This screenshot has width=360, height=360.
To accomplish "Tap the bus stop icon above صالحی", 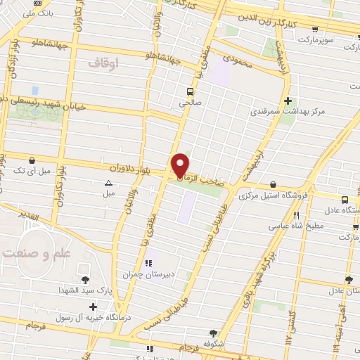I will (x=190, y=91).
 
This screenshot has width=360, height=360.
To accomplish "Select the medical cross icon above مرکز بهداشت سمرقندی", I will (x=288, y=101).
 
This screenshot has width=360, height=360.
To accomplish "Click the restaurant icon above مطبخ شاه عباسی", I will (x=297, y=216).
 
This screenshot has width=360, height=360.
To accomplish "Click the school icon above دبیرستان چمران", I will (x=148, y=264).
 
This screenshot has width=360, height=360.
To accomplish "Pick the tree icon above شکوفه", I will (x=213, y=333).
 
